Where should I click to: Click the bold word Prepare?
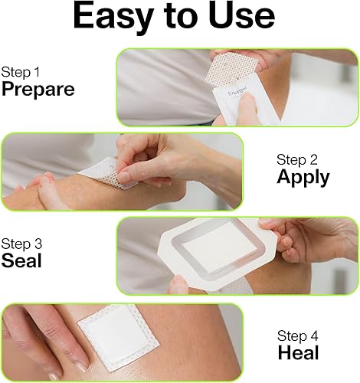(38, 89)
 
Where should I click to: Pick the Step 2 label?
(296, 159)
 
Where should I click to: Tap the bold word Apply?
(303, 178)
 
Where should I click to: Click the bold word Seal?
(21, 261)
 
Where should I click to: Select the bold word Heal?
(299, 353)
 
